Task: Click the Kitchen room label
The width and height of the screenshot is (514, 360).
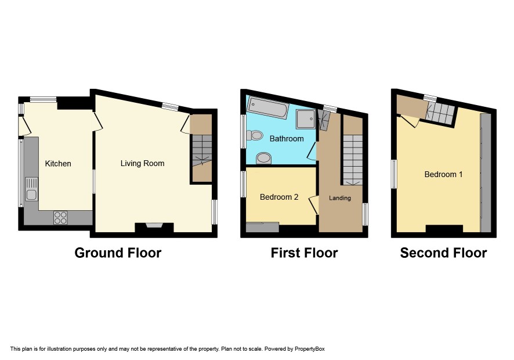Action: pyautogui.click(x=58, y=163)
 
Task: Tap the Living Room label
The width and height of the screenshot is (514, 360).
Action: pyautogui.click(x=142, y=163)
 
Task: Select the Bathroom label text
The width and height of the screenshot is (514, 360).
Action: pyautogui.click(x=287, y=139)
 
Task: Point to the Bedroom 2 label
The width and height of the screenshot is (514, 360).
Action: pyautogui.click(x=279, y=197)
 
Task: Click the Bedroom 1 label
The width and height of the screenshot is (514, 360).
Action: pyautogui.click(x=443, y=174)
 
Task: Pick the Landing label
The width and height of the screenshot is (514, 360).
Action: pyautogui.click(x=340, y=198)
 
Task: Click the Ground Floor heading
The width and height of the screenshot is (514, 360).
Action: pyautogui.click(x=118, y=253)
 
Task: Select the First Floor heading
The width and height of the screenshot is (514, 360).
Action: pyautogui.click(x=304, y=253)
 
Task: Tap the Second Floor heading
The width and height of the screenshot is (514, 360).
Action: pyautogui.click(x=444, y=253)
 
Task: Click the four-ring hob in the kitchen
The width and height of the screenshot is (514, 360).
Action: pyautogui.click(x=60, y=218)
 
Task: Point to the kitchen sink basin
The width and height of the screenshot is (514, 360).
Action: pyautogui.click(x=31, y=195)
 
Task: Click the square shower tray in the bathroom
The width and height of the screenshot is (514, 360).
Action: pyautogui.click(x=306, y=119)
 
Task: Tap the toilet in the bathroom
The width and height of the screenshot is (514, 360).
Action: pyautogui.click(x=255, y=135)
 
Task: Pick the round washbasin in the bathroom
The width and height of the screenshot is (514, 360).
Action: pyautogui.click(x=263, y=158)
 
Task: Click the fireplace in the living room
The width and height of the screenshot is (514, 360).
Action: pyautogui.click(x=154, y=228)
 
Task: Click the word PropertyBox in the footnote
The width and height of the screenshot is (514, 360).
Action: pyautogui.click(x=309, y=349)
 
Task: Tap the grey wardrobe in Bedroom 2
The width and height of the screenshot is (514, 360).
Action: pyautogui.click(x=262, y=227)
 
